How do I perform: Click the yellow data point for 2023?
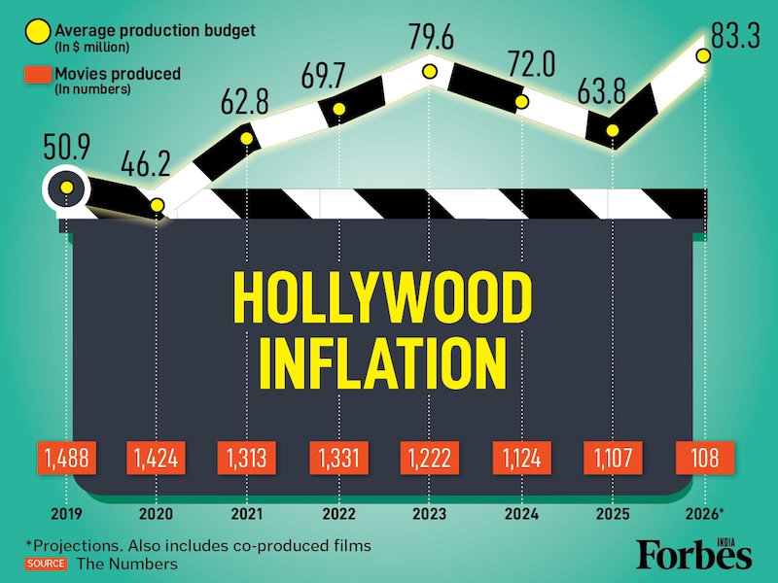tap(429, 71)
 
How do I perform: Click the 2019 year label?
tap(66, 513)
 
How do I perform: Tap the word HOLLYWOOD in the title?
tap(384, 299)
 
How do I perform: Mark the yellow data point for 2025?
tap(613, 130)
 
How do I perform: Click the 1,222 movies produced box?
tap(429, 459)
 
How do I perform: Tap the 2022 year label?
tap(337, 513)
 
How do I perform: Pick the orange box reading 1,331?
tap(337, 459)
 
